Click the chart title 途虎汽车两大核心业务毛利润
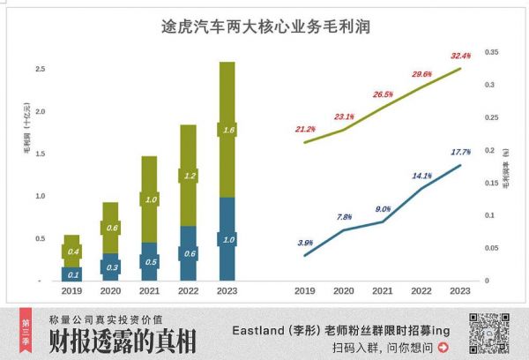pos(264,27)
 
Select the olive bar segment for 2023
pos(227,97)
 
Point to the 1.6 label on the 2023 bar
pos(227,130)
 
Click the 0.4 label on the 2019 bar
pos(71,252)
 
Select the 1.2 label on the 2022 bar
pos(188,176)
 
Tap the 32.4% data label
pos(461,55)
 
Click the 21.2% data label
pos(305,129)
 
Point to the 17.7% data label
pos(460,152)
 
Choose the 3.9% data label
pos(305,243)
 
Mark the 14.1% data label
pos(422,176)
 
